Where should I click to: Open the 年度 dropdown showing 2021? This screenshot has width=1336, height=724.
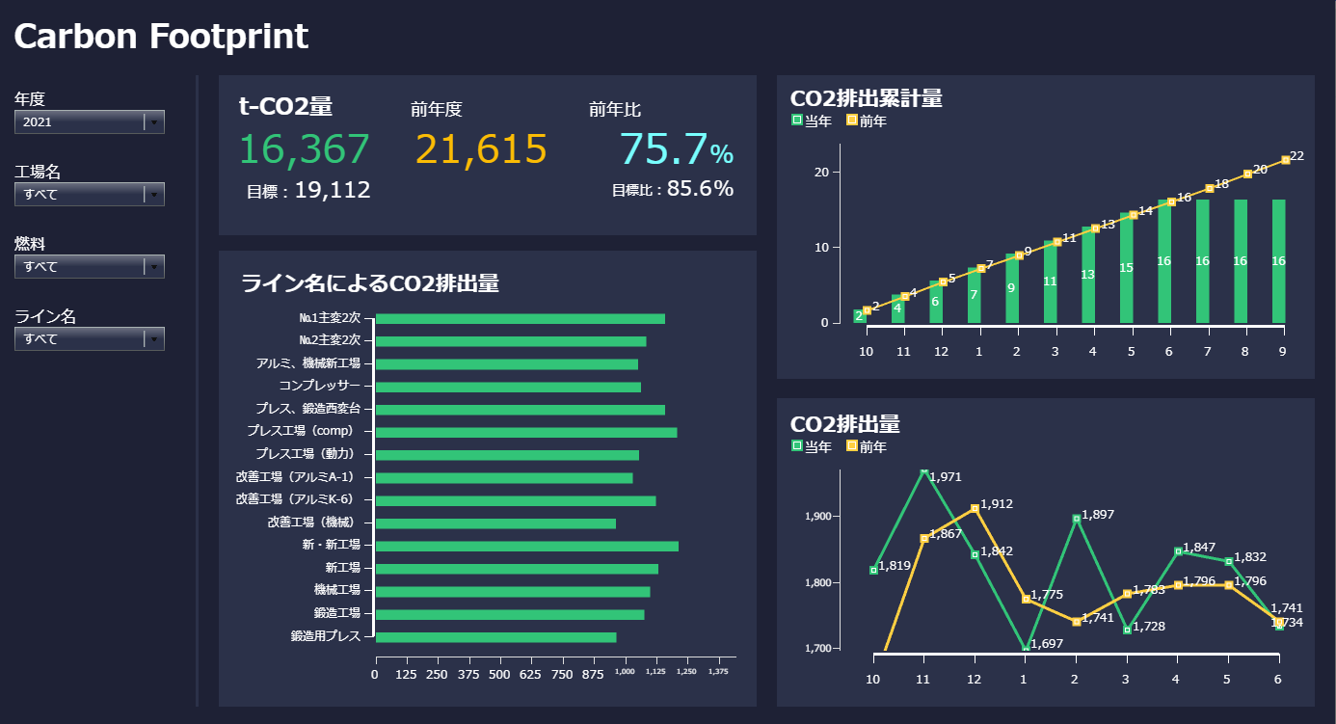click(89, 122)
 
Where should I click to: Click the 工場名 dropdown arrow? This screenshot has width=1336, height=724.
click(154, 195)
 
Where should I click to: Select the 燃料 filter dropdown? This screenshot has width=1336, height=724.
click(89, 267)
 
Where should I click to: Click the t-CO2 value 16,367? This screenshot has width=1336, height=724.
click(304, 149)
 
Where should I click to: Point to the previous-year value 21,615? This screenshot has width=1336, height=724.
click(481, 149)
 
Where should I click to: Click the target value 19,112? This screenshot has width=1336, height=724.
click(332, 190)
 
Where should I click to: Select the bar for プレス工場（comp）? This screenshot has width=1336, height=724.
click(525, 432)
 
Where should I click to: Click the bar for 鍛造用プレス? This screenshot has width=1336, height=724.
click(495, 637)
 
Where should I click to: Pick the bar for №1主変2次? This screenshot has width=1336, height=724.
click(520, 319)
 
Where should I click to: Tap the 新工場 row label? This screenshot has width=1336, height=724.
click(342, 569)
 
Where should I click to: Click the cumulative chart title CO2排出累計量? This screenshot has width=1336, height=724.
click(866, 98)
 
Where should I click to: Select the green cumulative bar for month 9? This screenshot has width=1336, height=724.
click(1279, 261)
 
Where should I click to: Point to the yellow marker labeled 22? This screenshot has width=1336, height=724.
click(1286, 160)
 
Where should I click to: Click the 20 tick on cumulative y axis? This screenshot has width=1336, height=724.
click(822, 172)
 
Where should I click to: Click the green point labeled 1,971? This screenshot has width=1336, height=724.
click(924, 471)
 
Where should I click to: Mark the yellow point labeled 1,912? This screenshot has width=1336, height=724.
click(975, 508)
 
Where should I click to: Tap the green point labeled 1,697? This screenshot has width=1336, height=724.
click(1026, 648)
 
